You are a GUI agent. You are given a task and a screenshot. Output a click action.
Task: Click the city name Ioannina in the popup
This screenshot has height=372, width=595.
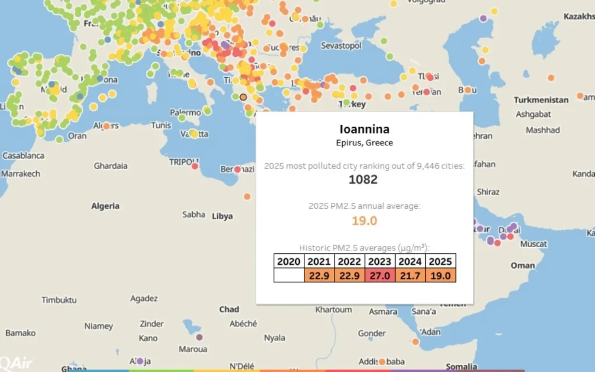point(364,129)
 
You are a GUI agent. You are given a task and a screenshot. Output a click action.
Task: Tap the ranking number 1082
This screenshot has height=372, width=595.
point(363,180)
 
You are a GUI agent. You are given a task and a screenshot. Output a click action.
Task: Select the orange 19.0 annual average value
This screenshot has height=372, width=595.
point(364,221)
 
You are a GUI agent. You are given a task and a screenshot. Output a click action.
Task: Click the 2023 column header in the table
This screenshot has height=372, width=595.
point(380,261)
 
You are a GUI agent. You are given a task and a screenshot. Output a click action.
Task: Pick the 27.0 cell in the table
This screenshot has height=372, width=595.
point(380,275)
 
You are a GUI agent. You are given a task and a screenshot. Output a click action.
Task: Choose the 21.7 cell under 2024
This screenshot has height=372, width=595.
point(410,275)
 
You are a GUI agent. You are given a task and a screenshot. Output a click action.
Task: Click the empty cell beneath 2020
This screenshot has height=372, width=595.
point(289,275)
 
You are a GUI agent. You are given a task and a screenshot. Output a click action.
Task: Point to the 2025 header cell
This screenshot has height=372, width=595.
point(440,261)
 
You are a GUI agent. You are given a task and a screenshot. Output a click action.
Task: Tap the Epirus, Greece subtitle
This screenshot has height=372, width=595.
point(364,143)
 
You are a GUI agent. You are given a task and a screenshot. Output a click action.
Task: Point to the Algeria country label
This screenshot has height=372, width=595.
point(105,206)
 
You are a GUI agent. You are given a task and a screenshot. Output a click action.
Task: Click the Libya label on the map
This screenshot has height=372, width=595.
point(222,216)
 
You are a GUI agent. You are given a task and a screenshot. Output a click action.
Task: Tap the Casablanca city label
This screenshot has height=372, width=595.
point(23,156)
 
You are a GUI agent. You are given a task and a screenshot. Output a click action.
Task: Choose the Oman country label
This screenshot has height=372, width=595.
point(522,265)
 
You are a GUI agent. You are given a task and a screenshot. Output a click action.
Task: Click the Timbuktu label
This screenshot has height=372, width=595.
point(59,300)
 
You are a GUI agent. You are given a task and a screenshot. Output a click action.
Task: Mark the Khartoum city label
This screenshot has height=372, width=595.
point(334,310)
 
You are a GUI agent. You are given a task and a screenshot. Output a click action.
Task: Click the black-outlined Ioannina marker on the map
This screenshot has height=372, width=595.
point(243,97)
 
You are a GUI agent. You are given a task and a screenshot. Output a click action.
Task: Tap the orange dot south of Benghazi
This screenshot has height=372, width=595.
point(247,196)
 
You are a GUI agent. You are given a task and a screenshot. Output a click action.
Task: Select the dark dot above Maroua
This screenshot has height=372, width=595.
point(199,337)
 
